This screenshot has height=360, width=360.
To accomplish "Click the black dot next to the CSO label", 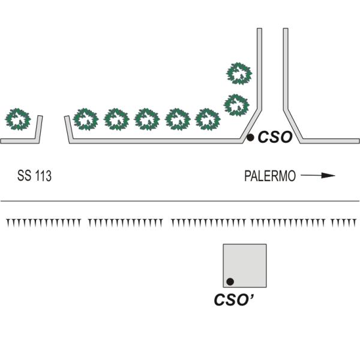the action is tap(250, 137).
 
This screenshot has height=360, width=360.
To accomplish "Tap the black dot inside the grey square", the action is tap(230, 281).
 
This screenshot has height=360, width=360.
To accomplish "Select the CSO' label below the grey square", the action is tap(234, 299).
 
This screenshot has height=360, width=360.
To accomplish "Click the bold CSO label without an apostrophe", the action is tap(275, 137).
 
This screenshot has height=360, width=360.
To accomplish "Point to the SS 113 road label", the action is tap(34, 176).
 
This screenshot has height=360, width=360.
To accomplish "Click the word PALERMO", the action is tap(270, 176).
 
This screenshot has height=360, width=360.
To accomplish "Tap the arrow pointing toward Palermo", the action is tap(318, 175).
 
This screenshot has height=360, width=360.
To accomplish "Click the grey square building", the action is tap(245, 266).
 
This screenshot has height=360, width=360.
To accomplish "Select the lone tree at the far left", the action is tap(18, 119).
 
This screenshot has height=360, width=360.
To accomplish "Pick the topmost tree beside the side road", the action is tap(239, 73).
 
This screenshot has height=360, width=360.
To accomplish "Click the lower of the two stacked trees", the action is tap(236, 105).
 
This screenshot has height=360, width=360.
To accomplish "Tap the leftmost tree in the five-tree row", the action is tap(86, 119).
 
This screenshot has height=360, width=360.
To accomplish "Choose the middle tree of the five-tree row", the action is tap(147, 119).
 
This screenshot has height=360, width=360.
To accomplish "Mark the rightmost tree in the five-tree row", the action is tap(208, 119).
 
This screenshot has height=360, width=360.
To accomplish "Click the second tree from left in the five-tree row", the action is tap(116, 119).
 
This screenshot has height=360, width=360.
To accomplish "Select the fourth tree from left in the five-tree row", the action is tap(178, 119).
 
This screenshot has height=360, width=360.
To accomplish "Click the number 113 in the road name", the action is tap(43, 176).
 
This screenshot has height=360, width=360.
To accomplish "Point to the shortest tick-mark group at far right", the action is tap(343, 223).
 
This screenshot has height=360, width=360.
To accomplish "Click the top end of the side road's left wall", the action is tap(259, 28).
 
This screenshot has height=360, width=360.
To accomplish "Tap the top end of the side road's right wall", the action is tap(286, 28).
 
